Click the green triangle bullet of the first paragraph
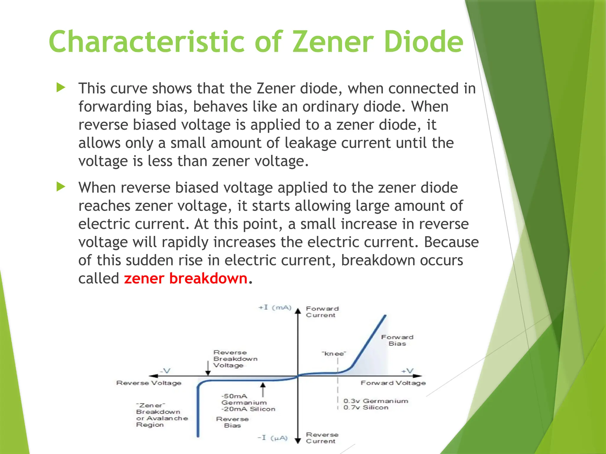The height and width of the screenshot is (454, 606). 61,87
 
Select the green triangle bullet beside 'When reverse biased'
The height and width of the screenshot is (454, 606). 61,187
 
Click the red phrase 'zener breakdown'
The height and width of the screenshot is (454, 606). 186,278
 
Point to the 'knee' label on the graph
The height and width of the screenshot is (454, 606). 334,354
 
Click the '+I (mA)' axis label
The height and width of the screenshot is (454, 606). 275,308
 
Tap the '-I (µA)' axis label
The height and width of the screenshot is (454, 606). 273,438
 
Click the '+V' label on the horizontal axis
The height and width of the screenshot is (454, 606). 407,371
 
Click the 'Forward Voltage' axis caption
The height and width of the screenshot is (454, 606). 393,383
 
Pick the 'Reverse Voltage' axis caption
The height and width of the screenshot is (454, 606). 149,383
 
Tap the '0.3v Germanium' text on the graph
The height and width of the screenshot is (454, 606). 376,401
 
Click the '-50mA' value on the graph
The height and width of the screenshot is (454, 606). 234,396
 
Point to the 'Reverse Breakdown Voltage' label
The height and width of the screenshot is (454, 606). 235,359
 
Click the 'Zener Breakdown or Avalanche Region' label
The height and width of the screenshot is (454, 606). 162,415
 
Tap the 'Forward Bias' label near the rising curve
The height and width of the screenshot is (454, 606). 397,340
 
